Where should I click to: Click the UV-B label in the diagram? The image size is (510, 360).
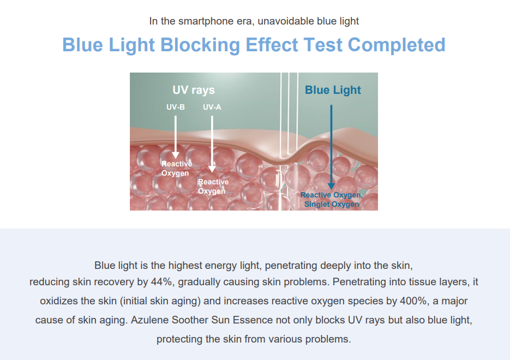point(176,107)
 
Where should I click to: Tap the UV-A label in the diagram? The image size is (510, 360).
point(212,107)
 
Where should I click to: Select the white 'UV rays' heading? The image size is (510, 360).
point(194,90)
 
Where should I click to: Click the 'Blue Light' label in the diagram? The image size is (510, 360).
point(333,90)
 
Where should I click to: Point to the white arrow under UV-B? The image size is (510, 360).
point(176,137)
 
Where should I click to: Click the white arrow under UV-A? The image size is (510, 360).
point(212,144)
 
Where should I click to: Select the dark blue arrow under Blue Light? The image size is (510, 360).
point(331,147)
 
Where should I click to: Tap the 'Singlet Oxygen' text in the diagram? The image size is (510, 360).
point(332,204)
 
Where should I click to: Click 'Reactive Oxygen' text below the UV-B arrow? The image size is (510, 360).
point(177,169)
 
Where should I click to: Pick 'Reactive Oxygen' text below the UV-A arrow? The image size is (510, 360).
point(213,187)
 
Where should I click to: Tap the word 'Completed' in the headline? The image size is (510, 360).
point(397,45)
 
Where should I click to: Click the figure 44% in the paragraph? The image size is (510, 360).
point(161,281)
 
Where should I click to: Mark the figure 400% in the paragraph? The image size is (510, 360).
point(413,301)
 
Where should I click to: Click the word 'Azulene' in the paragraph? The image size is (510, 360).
point(149,320)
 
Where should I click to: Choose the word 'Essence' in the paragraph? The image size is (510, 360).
point(253,320)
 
